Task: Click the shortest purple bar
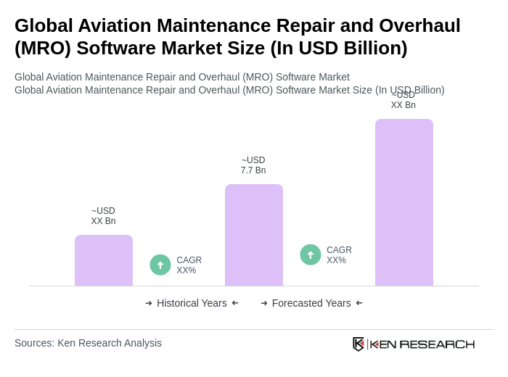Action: (x=104, y=260)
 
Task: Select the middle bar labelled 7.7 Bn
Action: (x=254, y=235)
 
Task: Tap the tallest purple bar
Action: (x=404, y=202)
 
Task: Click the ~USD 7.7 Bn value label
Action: (x=253, y=165)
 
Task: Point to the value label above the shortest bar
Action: (x=103, y=216)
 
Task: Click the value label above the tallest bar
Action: (x=403, y=100)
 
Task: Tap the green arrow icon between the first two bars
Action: (x=160, y=265)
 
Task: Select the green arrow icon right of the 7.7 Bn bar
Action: (x=311, y=254)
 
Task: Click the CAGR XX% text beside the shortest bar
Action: (x=189, y=265)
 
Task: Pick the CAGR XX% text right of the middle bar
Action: (x=339, y=255)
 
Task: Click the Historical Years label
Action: (x=192, y=303)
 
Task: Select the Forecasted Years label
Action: (x=311, y=303)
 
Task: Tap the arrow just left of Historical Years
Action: (x=149, y=303)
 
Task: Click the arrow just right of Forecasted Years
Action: (x=359, y=303)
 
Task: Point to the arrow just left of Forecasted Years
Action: (x=264, y=303)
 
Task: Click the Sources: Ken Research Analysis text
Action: (x=88, y=343)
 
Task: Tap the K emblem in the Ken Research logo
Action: (x=359, y=344)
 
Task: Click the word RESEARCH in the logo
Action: (x=437, y=344)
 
